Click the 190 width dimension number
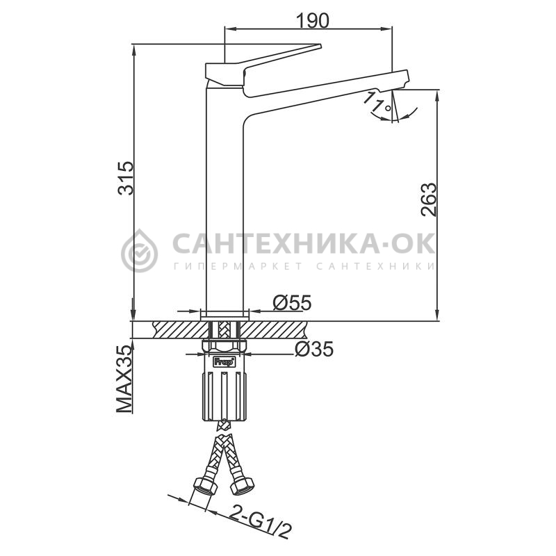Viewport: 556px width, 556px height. point(313,21)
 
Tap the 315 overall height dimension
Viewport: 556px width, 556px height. point(126,178)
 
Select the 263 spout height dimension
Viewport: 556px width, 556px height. point(428,199)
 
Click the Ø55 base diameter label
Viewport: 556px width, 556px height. point(292,302)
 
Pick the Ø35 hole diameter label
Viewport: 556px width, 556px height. point(314,349)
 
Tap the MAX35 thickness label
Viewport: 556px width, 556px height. point(124,379)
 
